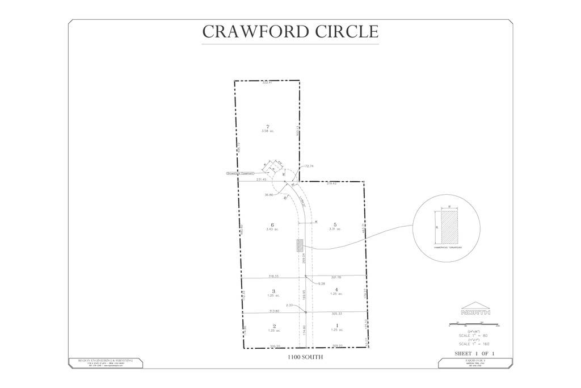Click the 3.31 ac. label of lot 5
tap(335, 229)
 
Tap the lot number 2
tap(273, 326)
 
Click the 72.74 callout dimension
tap(309, 166)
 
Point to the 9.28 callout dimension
tap(322, 283)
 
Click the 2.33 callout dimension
tap(289, 306)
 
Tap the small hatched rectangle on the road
tap(300, 245)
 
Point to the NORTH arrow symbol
tap(476, 309)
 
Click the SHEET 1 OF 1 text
tap(475, 353)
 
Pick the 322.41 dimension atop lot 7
tap(267, 83)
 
